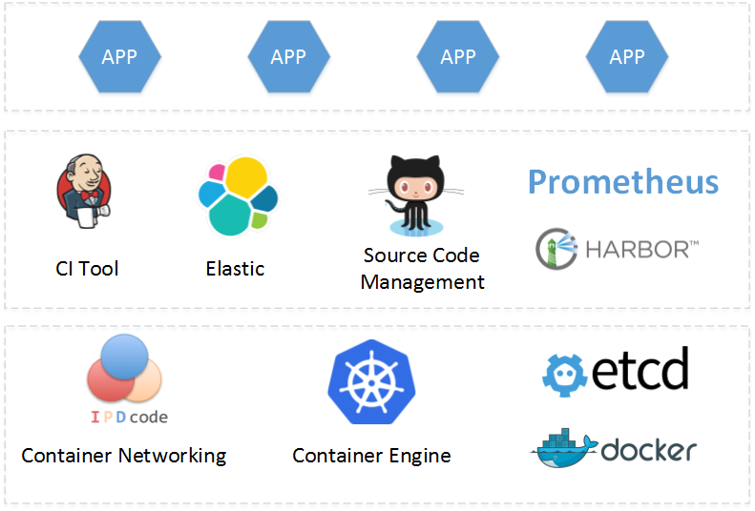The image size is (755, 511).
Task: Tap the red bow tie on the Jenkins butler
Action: [x=89, y=196]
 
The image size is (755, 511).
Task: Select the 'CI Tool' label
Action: [x=87, y=269]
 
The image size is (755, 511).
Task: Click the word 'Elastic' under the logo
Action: [x=235, y=269]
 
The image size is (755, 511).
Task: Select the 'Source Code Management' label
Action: [x=422, y=269]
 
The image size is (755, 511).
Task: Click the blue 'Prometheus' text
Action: [x=622, y=181]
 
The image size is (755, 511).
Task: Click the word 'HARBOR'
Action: [x=639, y=250]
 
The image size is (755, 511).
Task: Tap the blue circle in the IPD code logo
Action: [x=122, y=358]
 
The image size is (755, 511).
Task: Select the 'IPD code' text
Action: [x=129, y=417]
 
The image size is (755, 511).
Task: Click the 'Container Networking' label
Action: [x=124, y=456]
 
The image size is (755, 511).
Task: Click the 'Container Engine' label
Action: [x=371, y=456]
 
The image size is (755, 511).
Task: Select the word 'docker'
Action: [x=649, y=451]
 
